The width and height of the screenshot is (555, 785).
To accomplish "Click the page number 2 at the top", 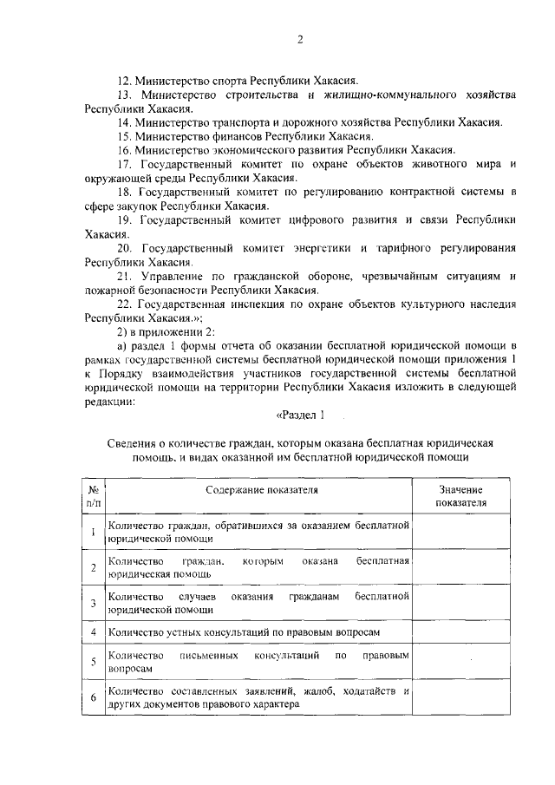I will (x=299, y=39).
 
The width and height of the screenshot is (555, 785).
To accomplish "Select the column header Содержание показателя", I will (x=261, y=490).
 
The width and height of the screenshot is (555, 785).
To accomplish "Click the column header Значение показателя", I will (x=460, y=496).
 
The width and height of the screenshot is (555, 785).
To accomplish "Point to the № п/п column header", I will (x=93, y=496).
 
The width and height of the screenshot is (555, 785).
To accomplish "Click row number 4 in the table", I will (x=93, y=632).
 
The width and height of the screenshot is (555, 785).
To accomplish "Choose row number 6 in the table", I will (x=93, y=697).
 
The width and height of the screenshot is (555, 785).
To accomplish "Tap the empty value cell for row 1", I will (x=460, y=532).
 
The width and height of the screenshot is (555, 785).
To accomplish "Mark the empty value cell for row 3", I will (x=460, y=603).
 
